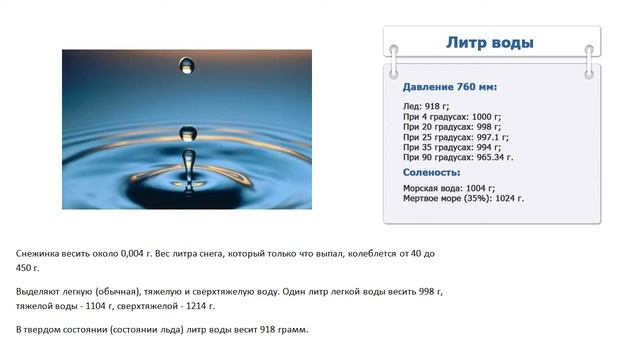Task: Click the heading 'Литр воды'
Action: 489,43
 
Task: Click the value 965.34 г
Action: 494,158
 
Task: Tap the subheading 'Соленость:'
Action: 431,172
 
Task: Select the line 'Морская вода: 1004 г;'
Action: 449,187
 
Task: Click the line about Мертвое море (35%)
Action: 463,199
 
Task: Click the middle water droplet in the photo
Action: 187,133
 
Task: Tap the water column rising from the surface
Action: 188,168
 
